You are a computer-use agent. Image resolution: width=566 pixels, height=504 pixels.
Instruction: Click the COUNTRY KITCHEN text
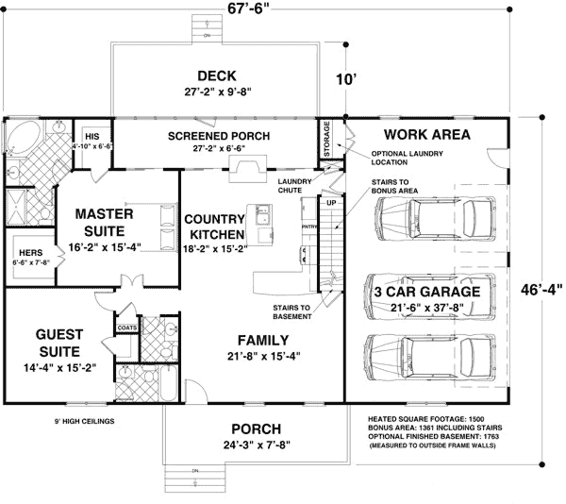[215, 226]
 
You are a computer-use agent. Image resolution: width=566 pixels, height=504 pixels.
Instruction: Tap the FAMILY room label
[262, 340]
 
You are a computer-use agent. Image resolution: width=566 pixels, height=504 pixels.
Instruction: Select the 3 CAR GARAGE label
[426, 292]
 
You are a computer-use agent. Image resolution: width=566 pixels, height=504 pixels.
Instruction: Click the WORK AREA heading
[426, 135]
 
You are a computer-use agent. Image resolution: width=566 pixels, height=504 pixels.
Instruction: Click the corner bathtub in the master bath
[19, 139]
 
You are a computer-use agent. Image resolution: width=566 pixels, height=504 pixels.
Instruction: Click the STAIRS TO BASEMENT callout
[292, 311]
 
